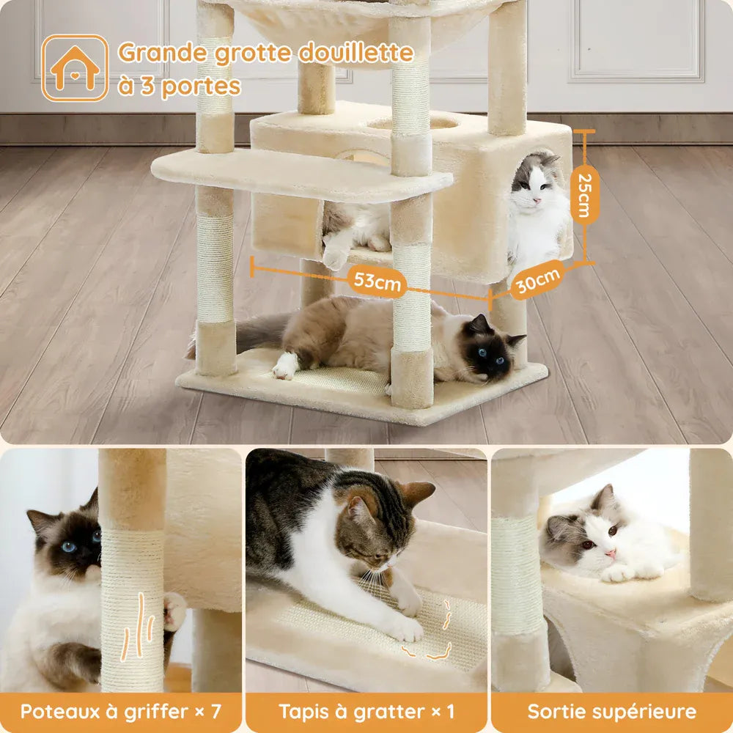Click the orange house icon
point(75,68)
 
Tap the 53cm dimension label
point(377,281)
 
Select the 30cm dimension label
point(537,279)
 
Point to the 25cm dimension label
point(585,195)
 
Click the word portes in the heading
point(202,86)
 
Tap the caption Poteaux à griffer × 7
point(121,712)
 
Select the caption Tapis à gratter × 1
point(366,712)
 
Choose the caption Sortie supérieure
point(612,712)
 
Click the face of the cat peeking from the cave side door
point(534,184)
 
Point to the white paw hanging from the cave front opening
point(335,255)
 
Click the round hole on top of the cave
point(412,123)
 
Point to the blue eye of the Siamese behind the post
point(69,547)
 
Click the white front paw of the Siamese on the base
point(285,366)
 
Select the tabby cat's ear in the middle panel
point(417,493)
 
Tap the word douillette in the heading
point(356,52)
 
